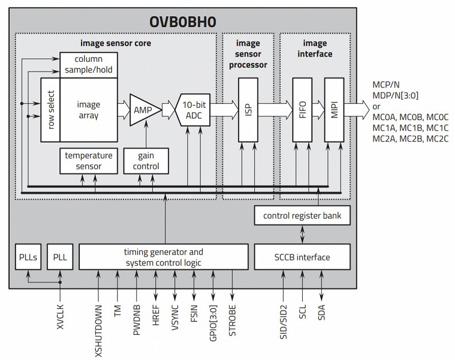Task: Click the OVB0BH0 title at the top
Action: tap(183, 22)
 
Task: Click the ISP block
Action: tap(247, 110)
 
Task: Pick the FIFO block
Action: tap(302, 110)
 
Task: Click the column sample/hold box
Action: tap(89, 65)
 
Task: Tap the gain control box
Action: tap(145, 160)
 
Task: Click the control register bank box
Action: tap(302, 214)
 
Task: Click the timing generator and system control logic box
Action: tap(163, 257)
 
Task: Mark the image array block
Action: tap(89, 110)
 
